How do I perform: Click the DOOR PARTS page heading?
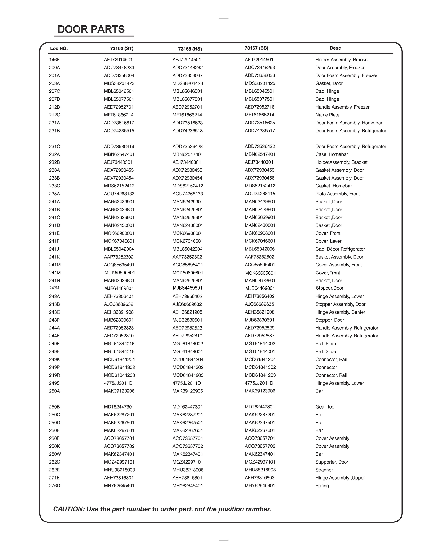(91, 30)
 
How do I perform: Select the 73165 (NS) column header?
(190, 49)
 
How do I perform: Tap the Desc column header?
(335, 48)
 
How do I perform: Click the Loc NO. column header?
(59, 48)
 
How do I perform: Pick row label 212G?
(55, 115)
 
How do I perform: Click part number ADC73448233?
(119, 68)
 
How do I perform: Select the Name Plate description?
(327, 115)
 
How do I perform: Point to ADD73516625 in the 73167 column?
(260, 123)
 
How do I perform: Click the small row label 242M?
(54, 288)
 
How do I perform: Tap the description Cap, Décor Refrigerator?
(340, 249)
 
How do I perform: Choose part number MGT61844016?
(119, 344)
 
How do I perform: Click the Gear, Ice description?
(325, 407)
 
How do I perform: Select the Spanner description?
(324, 470)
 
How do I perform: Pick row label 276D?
(55, 486)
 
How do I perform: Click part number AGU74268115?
(260, 194)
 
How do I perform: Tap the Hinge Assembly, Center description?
(340, 312)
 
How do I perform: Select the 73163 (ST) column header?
(122, 48)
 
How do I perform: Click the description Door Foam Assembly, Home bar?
(349, 123)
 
